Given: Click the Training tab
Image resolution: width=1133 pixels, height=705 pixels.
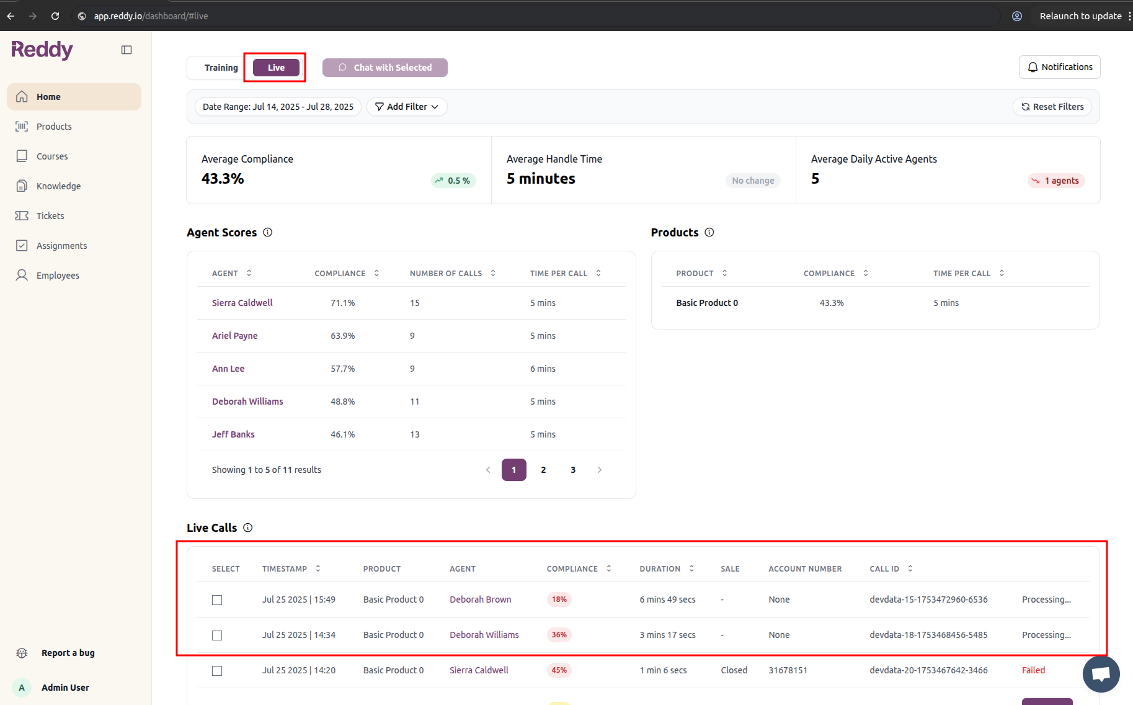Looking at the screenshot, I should pyautogui.click(x=221, y=68).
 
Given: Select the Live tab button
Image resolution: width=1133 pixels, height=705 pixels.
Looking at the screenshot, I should pyautogui.click(x=276, y=68).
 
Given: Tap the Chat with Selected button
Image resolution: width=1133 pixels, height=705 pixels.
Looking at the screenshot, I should pyautogui.click(x=384, y=68).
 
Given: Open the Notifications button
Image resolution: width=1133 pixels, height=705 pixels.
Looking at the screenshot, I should pyautogui.click(x=1059, y=67).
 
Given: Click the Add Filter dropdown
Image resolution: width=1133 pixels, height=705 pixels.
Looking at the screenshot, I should pyautogui.click(x=407, y=107).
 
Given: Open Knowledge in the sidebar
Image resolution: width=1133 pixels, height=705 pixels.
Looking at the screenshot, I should pyautogui.click(x=58, y=186).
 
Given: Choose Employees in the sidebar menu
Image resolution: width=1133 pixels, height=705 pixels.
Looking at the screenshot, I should pyautogui.click(x=58, y=276).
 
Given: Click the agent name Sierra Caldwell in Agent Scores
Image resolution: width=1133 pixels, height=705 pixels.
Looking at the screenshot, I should pyautogui.click(x=242, y=303).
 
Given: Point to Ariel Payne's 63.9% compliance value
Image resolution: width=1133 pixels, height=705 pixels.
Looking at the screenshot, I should pyautogui.click(x=342, y=336).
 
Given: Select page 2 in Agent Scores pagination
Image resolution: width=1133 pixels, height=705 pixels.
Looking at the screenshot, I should pyautogui.click(x=543, y=470).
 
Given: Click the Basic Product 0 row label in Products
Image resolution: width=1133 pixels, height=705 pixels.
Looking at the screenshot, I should pyautogui.click(x=707, y=303).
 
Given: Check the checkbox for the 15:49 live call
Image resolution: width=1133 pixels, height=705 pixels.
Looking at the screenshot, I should pyautogui.click(x=217, y=600).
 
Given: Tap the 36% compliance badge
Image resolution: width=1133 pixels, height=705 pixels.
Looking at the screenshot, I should pyautogui.click(x=559, y=635).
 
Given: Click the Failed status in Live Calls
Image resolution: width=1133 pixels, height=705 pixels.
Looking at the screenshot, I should pyautogui.click(x=1033, y=670).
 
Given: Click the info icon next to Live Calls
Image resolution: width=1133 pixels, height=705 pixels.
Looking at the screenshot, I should pyautogui.click(x=248, y=528).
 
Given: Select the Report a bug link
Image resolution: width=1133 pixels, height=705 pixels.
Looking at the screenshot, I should pyautogui.click(x=68, y=653).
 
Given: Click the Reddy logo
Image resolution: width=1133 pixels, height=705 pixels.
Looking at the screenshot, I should pyautogui.click(x=42, y=50).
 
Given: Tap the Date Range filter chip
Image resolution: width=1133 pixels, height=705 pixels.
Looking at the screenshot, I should pyautogui.click(x=278, y=107).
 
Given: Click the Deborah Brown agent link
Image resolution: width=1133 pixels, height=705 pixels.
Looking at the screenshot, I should pyautogui.click(x=480, y=599).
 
